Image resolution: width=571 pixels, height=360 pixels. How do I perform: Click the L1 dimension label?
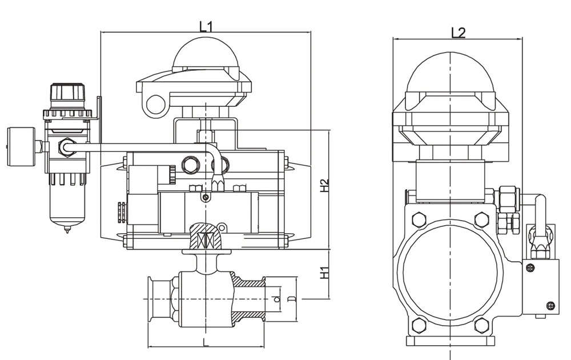click(x=206, y=26)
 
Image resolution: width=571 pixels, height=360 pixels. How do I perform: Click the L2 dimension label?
click(x=458, y=33)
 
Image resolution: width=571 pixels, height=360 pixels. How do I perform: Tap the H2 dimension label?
click(x=324, y=186)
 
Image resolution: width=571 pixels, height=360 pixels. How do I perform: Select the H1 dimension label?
click(x=324, y=272)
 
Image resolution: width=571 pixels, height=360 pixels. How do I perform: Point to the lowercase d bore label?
click(x=277, y=298)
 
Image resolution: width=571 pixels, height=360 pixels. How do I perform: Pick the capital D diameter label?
click(x=291, y=298)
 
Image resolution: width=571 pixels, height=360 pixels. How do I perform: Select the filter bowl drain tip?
click(x=67, y=230)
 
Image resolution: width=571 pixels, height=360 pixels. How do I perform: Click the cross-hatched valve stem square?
click(x=206, y=237)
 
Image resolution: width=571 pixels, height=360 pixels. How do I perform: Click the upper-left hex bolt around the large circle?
click(x=418, y=219)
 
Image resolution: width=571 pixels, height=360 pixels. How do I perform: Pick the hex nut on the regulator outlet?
click(x=66, y=147)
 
